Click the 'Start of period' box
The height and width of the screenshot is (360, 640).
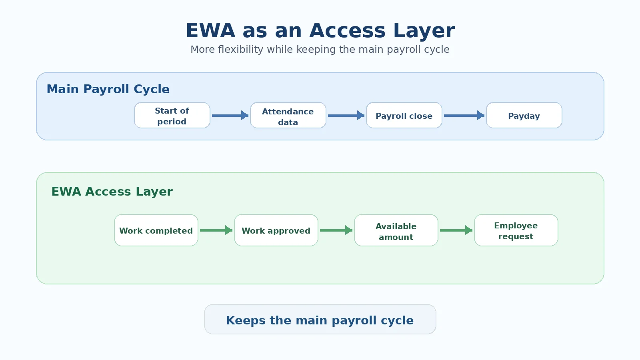(x=172, y=116)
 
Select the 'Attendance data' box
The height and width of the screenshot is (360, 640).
(x=288, y=116)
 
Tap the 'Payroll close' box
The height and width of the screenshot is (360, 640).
(x=404, y=116)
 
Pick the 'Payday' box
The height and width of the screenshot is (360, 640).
(x=524, y=116)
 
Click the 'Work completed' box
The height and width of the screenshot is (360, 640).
(x=156, y=230)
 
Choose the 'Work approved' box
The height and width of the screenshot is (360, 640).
(x=276, y=230)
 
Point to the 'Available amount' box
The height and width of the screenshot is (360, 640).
(x=396, y=230)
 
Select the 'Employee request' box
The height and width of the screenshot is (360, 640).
(x=516, y=230)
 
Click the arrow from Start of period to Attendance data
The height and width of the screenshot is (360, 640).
(x=230, y=116)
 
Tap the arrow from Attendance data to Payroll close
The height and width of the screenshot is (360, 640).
(x=346, y=116)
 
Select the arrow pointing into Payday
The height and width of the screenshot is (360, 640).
(x=464, y=116)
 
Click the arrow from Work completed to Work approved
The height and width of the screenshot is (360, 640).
(x=216, y=230)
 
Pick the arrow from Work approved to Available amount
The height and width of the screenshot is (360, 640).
(x=336, y=230)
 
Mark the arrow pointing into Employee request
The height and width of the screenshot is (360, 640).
(x=456, y=230)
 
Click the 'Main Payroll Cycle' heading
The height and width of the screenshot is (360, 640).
(x=108, y=89)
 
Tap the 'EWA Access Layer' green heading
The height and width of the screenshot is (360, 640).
(x=112, y=192)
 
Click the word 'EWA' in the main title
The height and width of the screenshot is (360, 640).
(x=210, y=30)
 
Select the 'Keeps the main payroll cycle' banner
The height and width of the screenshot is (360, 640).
(x=320, y=320)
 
